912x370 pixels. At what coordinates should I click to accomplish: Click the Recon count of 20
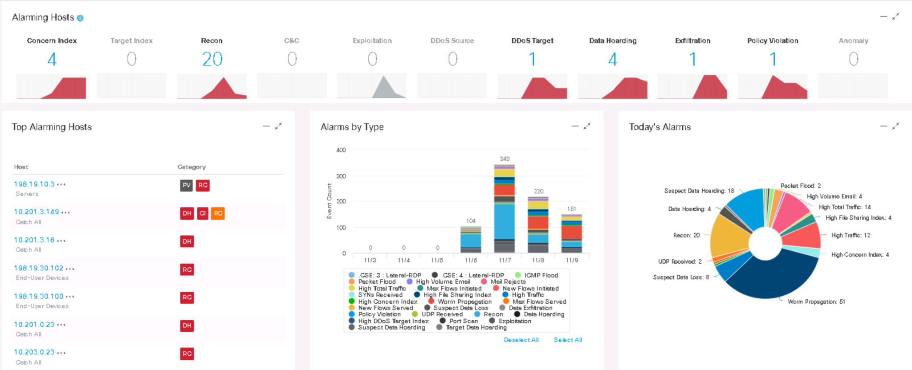[x=212, y=59]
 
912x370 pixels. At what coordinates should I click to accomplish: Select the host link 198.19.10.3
[x=34, y=184]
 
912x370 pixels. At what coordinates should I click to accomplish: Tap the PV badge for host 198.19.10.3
[x=186, y=185]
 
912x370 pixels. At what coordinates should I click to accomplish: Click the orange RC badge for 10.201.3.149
[x=218, y=213]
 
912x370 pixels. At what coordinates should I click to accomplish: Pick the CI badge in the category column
[x=203, y=213]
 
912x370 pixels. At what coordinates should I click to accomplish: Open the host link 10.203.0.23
[x=34, y=352]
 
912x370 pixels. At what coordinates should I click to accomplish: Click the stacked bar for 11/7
[x=505, y=209]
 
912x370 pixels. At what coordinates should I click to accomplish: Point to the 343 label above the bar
[x=505, y=159]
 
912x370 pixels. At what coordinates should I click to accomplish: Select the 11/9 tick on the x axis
[x=572, y=260]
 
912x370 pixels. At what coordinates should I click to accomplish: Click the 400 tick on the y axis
[x=341, y=150]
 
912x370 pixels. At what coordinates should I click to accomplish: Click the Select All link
[x=568, y=340]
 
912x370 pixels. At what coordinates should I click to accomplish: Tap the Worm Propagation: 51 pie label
[x=816, y=302]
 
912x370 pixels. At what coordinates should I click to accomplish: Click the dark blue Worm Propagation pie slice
[x=775, y=280]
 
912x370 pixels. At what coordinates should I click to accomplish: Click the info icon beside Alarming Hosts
[x=80, y=18]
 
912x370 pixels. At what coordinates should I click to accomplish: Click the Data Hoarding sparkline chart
[x=613, y=87]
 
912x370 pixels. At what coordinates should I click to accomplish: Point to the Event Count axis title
[x=330, y=201]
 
